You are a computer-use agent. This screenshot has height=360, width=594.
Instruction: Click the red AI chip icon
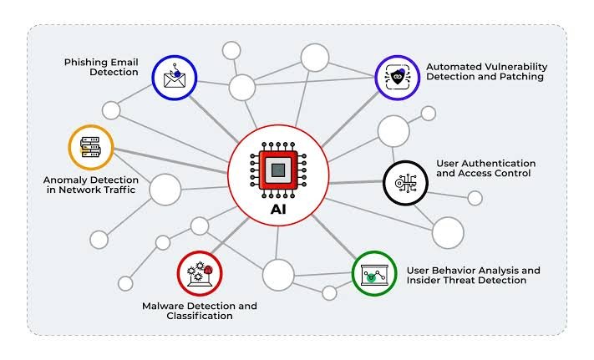[278, 170]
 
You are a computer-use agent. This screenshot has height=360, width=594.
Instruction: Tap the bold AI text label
[278, 210]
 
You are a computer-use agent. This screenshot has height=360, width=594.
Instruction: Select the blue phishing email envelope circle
[175, 78]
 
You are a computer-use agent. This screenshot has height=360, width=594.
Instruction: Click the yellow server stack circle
[91, 147]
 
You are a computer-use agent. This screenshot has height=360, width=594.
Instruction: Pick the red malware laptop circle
[200, 273]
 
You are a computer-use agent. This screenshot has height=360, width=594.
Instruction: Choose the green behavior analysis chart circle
[374, 273]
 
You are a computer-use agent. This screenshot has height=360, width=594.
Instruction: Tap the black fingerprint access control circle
[405, 183]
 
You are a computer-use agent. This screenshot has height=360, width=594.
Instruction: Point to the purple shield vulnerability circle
[398, 78]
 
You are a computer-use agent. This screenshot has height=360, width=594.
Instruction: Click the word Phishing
[85, 63]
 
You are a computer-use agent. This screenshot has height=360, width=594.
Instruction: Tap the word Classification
[200, 316]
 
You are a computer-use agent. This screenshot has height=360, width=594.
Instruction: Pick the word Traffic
[119, 190]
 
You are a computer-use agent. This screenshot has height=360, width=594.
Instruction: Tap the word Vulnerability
[513, 68]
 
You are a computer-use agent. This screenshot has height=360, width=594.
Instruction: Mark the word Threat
[459, 281]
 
